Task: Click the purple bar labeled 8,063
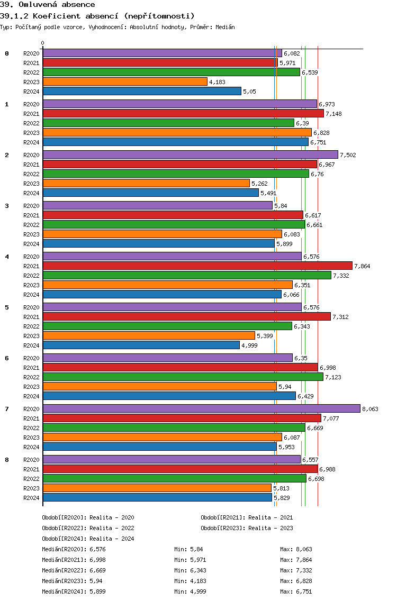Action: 201,408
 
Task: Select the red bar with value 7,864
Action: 197,266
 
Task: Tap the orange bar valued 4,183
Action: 125,81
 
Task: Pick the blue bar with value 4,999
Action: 141,345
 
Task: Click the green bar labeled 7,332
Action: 187,275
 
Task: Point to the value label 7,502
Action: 348,155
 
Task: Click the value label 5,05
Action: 249,92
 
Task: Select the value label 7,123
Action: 333,377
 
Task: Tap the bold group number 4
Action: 7,257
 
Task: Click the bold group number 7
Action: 7,409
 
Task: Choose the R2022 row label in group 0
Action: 31,72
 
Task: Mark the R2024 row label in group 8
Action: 31,498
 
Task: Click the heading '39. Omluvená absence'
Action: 48,5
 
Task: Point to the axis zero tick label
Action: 43,43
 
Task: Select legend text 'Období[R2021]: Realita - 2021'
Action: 247,517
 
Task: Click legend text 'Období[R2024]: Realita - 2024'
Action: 88,539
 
